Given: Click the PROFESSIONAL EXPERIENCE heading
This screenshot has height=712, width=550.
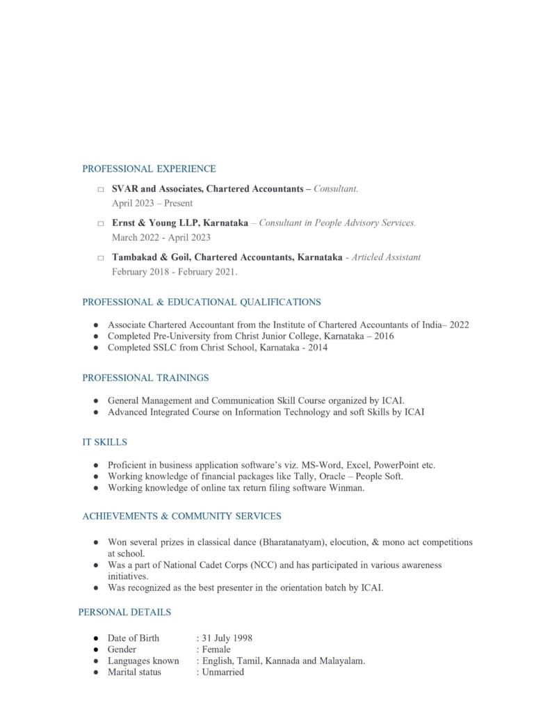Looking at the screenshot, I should click(149, 169).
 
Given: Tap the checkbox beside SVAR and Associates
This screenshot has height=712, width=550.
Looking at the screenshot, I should click(101, 189).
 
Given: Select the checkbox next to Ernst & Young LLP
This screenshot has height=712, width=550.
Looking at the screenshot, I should click(101, 224).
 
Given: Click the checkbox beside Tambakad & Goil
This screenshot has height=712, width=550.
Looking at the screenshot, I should click(101, 258).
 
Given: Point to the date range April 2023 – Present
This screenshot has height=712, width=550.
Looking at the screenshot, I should click(152, 203).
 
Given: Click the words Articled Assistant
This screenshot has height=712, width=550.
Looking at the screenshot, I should click(386, 257).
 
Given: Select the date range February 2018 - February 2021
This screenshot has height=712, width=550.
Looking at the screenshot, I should click(174, 272).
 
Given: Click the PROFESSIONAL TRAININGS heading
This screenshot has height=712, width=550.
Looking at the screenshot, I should click(145, 378).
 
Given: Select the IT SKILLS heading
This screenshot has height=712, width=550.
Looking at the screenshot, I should click(104, 442).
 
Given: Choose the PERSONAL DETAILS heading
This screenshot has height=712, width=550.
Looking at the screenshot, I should click(124, 613).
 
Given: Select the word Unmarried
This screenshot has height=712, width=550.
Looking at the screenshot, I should click(223, 672).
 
